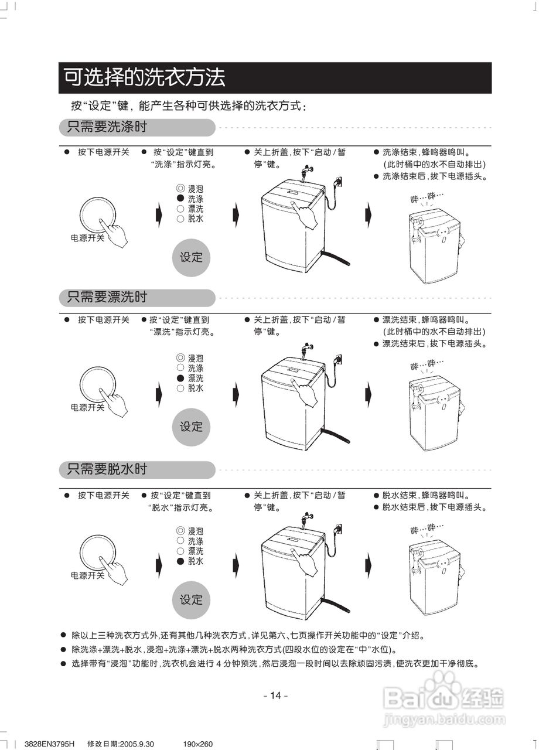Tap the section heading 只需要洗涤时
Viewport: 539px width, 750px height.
point(107,127)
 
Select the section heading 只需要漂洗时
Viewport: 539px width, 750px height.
point(107,298)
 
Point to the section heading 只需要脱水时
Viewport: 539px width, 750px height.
point(107,469)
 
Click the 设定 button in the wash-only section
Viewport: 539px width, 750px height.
point(191,257)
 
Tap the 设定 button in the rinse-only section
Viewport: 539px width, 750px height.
point(191,427)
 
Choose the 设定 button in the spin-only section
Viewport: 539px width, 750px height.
point(191,599)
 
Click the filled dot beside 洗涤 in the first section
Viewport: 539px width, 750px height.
point(180,199)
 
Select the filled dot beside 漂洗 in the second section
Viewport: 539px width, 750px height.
point(180,379)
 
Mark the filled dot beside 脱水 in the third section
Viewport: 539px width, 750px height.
point(180,561)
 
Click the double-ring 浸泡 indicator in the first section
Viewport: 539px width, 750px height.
point(180,189)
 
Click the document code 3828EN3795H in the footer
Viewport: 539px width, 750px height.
point(50,744)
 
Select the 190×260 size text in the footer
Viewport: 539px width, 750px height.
point(198,744)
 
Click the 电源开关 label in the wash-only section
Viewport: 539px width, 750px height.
point(87,238)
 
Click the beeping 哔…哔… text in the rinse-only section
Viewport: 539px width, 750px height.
point(427,364)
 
